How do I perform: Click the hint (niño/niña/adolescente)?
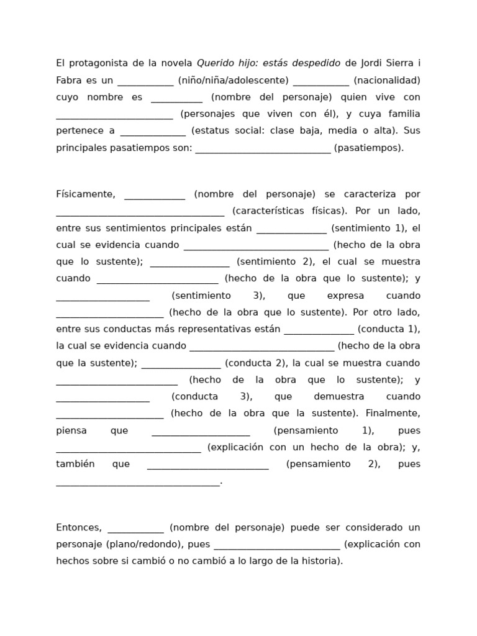[233, 80]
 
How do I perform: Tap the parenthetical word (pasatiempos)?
[368, 148]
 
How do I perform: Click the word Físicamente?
[86, 194]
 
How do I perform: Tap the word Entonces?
[79, 527]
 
